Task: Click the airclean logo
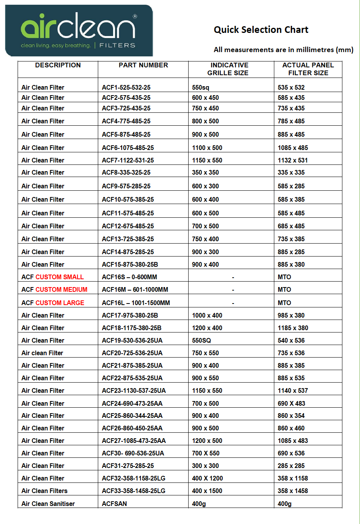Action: [x=79, y=30]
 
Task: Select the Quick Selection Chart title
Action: [x=261, y=30]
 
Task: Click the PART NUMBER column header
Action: [x=143, y=65]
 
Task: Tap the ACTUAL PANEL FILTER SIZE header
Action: [x=308, y=69]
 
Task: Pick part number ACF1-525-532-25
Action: [x=126, y=87]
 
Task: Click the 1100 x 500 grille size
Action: [x=207, y=148]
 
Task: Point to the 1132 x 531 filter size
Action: [x=293, y=160]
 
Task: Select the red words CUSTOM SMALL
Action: [x=59, y=277]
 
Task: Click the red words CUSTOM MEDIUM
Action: [x=61, y=289]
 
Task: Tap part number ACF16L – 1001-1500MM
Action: [x=136, y=303]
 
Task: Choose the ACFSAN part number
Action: [x=114, y=504]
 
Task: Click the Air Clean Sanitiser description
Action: [x=48, y=504]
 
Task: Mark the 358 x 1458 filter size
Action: [x=293, y=491]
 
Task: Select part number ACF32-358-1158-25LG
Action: [x=133, y=478]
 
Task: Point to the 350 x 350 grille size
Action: [x=205, y=172]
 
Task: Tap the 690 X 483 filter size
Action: [x=291, y=403]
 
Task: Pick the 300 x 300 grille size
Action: [x=205, y=466]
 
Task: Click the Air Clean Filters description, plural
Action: [x=44, y=491]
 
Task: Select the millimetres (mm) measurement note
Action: [x=283, y=50]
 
